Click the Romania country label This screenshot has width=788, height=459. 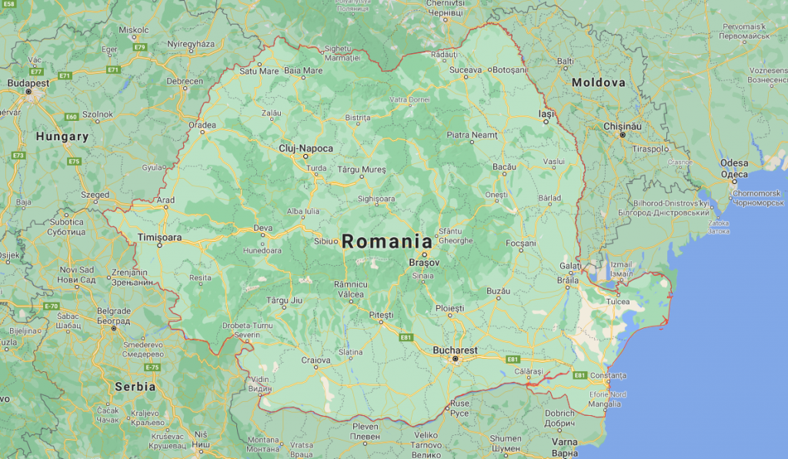coord(387,241)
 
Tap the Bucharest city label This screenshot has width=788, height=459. coord(455,350)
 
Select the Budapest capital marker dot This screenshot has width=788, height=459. coord(28,92)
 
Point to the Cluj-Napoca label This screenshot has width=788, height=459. coord(306,148)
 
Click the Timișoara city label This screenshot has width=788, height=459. coord(159,237)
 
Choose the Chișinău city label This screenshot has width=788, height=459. coord(623,126)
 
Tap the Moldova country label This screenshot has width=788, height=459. coord(598,82)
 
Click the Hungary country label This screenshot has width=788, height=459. coord(62,136)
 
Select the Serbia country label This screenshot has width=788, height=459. coord(135,387)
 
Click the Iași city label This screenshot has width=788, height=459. coord(546,113)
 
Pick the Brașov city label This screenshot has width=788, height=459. coord(424,263)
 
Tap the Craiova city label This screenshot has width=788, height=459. coord(316,360)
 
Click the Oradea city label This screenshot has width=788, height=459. coord(202,124)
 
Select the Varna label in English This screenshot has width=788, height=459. coord(565,442)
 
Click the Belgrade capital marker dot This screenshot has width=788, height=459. coord(113,328)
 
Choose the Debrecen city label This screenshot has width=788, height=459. coord(185,81)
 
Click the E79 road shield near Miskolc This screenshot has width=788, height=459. coord(139,47)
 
